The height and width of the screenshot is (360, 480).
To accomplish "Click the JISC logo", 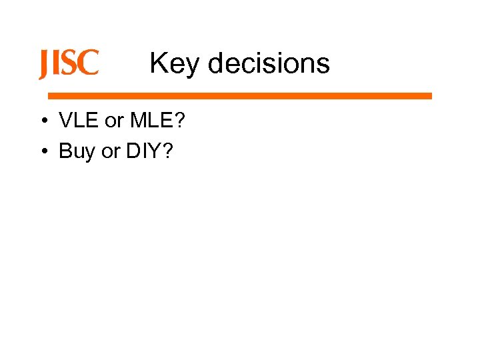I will [69, 64].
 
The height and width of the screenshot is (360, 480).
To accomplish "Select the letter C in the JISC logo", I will [89, 64].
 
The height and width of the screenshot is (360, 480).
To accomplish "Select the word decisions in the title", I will [269, 64].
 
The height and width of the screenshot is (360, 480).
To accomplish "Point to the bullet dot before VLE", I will [42, 121].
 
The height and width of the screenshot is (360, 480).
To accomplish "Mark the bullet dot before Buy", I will [42, 152].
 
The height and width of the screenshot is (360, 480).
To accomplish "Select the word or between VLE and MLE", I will [115, 122].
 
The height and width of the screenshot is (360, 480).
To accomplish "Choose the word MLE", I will [151, 121].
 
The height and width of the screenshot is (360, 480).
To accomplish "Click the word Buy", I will [77, 152].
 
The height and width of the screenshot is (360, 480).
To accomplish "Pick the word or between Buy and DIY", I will [110, 153].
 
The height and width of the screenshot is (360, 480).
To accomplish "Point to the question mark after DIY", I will [167, 151].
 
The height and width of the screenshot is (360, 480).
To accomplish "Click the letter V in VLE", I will [66, 121].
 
